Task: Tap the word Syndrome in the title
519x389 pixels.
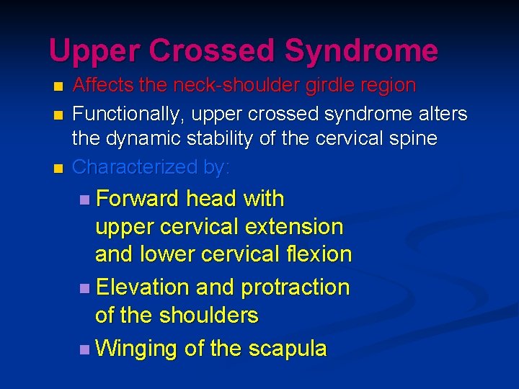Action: point(360,51)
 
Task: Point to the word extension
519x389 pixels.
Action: point(296,226)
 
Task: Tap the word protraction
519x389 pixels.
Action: point(295,287)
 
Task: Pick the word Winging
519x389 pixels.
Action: point(136,349)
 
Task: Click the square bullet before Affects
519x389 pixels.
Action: point(58,86)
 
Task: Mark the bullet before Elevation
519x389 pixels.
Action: point(86,288)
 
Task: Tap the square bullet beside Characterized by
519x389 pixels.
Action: point(58,168)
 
